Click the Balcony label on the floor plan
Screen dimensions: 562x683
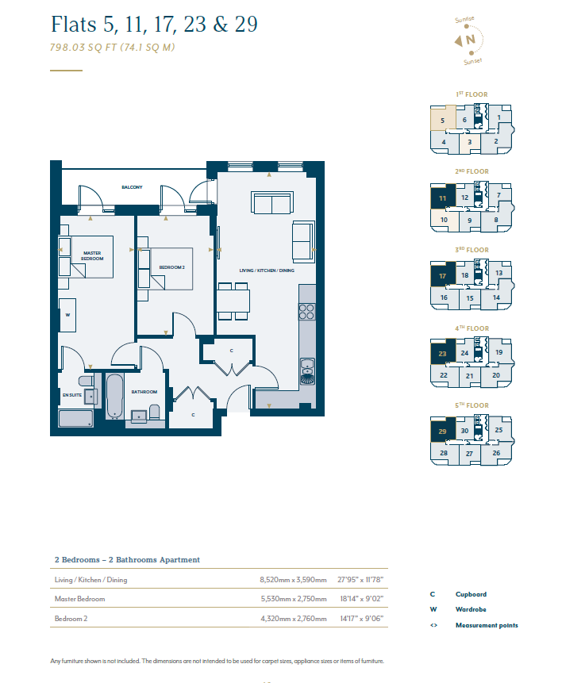click(x=132, y=187)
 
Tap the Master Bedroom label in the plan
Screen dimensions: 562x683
click(x=92, y=255)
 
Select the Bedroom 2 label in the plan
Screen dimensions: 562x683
click(x=171, y=267)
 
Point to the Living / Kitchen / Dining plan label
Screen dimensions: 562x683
click(x=267, y=271)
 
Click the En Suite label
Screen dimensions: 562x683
click(x=72, y=395)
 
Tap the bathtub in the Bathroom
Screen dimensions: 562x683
click(x=114, y=396)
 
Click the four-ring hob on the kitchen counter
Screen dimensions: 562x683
click(x=306, y=312)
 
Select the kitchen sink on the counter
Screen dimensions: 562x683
click(x=307, y=371)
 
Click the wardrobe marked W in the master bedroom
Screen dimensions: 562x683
click(x=67, y=315)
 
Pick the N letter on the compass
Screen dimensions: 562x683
click(x=470, y=40)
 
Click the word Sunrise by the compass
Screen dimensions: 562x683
click(x=464, y=20)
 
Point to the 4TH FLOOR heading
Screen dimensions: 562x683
click(x=472, y=328)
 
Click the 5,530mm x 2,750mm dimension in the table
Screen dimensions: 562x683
click(x=294, y=599)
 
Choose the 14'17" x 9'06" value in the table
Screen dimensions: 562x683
click(x=362, y=619)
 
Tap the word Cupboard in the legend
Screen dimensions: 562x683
click(x=471, y=594)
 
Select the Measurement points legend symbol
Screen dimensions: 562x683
click(x=433, y=626)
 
